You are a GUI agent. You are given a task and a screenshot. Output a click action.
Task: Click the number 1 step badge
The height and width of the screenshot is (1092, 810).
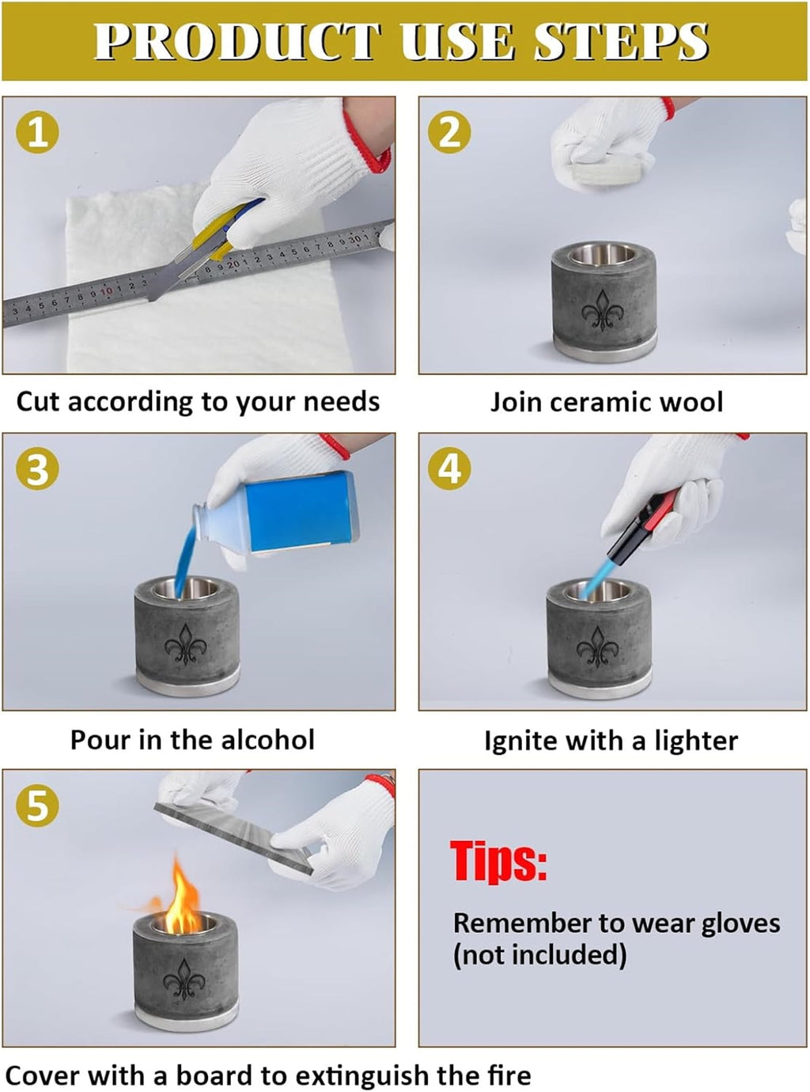point(37,132)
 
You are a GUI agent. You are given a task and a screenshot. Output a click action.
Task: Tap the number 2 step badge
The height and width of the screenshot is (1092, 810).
point(449,132)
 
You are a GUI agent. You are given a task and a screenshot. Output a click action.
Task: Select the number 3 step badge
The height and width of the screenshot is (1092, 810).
point(37,468)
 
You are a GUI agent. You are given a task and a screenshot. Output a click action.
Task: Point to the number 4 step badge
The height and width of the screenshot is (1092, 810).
point(449,468)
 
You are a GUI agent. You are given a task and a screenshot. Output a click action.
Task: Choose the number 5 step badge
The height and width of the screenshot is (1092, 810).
point(37,806)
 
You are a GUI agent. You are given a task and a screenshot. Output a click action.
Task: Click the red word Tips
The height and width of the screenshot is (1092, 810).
point(498,861)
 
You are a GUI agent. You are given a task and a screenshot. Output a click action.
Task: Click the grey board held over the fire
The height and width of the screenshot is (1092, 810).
point(234,837)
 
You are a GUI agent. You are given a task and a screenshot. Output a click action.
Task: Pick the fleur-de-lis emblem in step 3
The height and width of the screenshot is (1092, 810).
point(185,645)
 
